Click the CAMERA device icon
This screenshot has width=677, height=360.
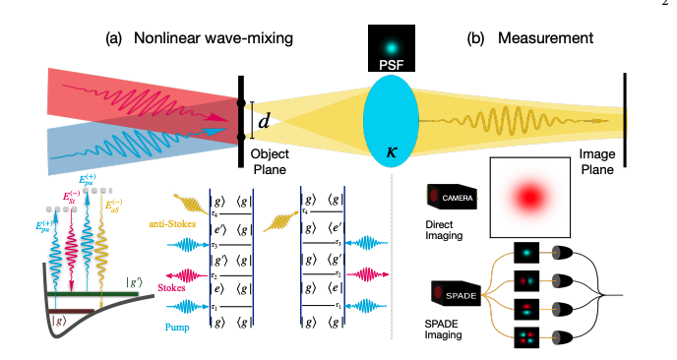447,197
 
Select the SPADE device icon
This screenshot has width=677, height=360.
447,292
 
